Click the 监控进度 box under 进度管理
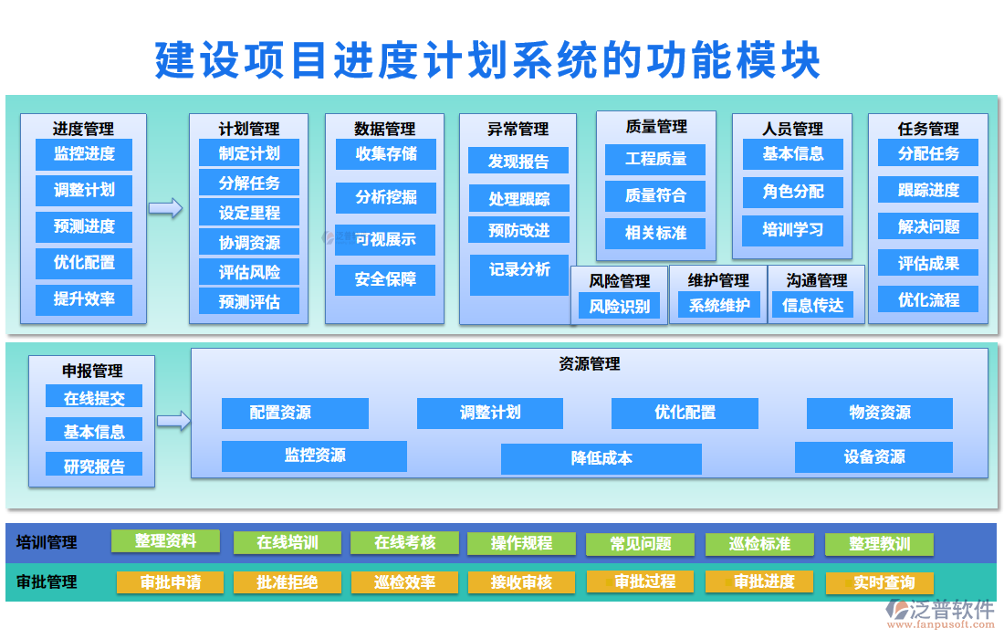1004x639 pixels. (x=84, y=154)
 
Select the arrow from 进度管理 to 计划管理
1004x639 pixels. (x=165, y=208)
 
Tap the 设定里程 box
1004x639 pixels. (x=249, y=214)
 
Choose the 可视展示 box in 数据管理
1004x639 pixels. (x=384, y=240)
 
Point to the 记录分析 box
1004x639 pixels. (x=519, y=270)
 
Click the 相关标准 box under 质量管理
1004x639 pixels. (x=655, y=233)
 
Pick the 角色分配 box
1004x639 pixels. (x=792, y=192)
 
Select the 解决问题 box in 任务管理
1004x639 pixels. (x=928, y=227)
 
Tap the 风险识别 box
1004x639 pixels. (x=620, y=307)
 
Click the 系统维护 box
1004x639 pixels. (x=719, y=307)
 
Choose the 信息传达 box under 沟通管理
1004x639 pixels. (x=813, y=307)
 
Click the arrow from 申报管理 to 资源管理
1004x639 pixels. (x=173, y=420)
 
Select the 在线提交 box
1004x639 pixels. (x=94, y=398)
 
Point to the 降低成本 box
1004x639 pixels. (x=601, y=458)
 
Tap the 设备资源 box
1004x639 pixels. (x=873, y=457)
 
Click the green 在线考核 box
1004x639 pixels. (x=404, y=542)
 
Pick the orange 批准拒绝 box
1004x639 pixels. (x=287, y=582)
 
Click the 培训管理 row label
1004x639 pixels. (x=47, y=542)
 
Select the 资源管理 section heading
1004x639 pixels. (x=589, y=364)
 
